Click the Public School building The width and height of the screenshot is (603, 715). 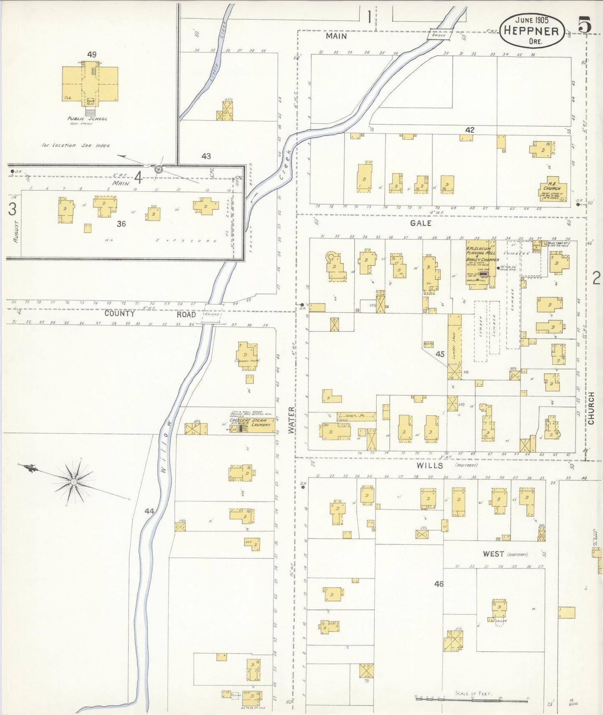(90, 83)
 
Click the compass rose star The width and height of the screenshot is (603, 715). (74, 481)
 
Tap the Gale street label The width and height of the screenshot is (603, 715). (420, 223)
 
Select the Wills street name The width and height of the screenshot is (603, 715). (429, 465)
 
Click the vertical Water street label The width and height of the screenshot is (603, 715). (291, 420)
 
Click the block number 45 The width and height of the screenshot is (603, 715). (440, 354)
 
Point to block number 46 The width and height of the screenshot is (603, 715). (438, 584)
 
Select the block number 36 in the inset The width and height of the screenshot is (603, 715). (121, 224)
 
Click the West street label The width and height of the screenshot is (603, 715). (493, 554)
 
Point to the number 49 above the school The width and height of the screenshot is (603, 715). (92, 54)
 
